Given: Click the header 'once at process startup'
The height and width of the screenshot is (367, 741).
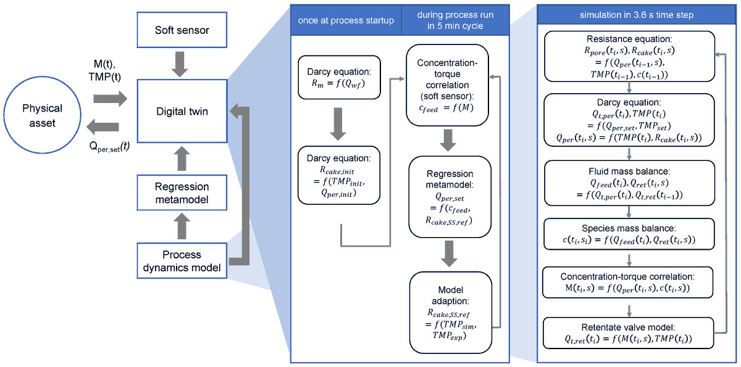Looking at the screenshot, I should pos(346,20).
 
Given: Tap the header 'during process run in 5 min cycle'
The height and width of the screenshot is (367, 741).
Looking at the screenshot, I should pos(455,20).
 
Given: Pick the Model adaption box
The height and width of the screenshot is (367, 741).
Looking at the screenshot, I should pos(450,311).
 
